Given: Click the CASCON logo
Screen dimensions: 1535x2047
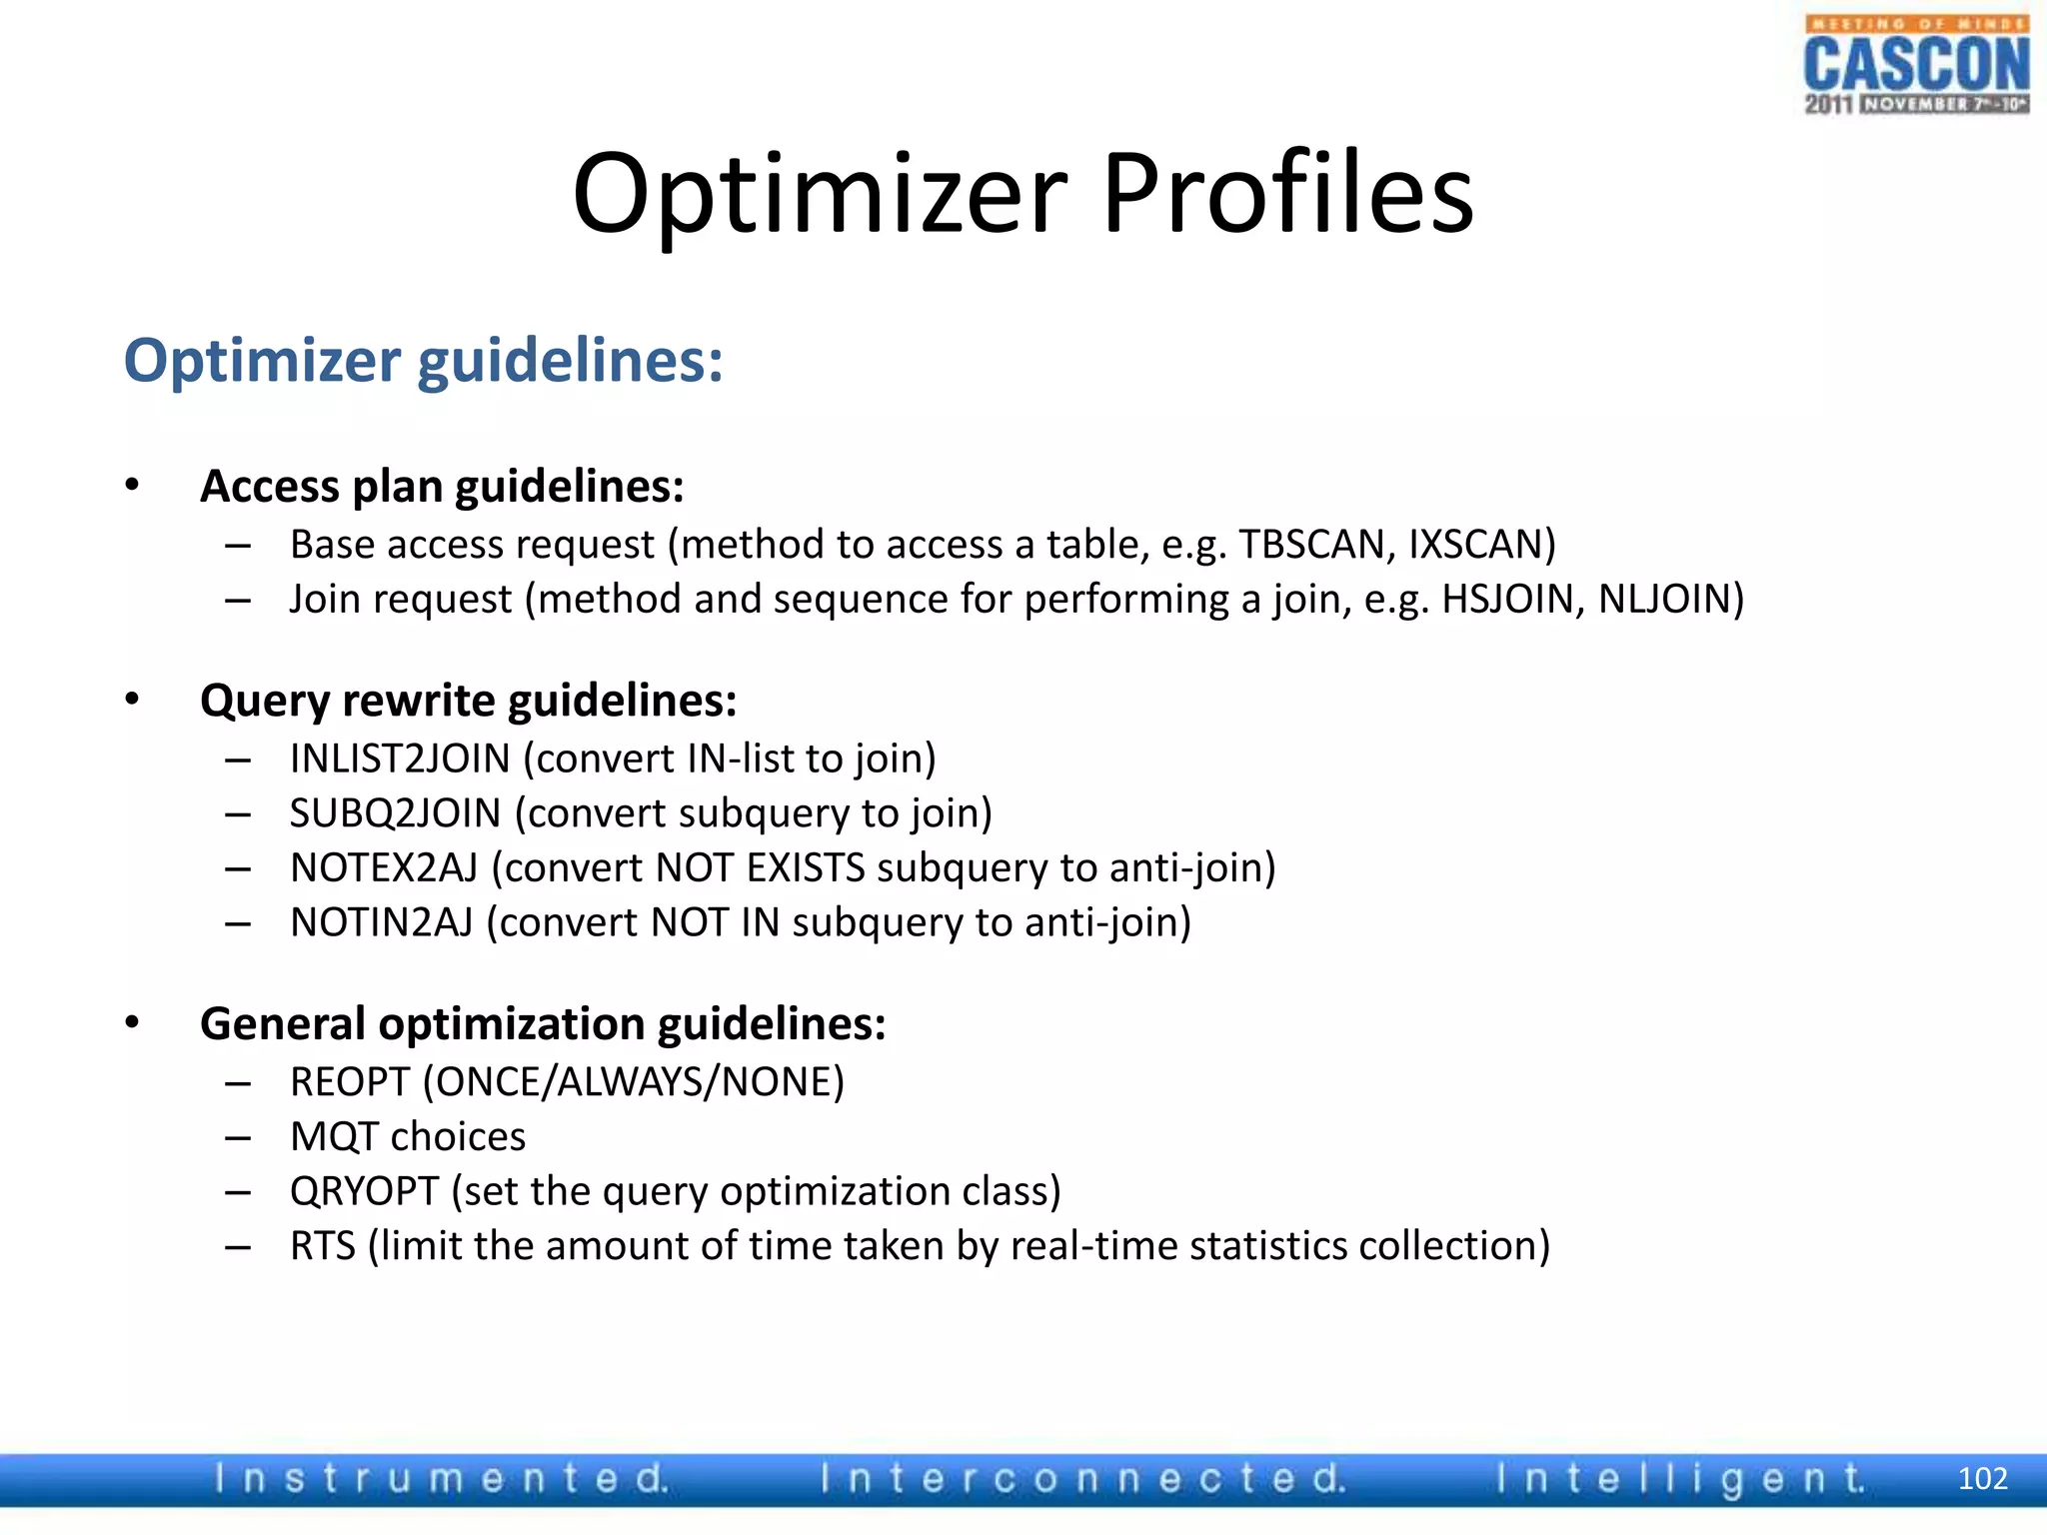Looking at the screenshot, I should pos(1916,66).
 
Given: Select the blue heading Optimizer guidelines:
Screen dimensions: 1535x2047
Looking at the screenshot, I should pos(423,361).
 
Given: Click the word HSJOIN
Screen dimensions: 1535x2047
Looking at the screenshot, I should pos(1508,600).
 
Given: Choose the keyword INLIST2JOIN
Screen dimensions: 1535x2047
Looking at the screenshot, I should pos(400,759).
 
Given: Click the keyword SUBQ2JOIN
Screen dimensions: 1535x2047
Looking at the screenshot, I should pos(395,813).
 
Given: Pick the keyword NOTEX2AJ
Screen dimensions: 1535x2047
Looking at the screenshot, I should pos(384,867).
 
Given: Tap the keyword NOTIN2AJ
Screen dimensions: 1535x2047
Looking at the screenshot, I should pos(381,922).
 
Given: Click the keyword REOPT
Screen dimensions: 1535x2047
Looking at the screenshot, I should pos(349,1082).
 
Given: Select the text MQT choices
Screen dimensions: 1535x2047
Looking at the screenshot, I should pos(408,1137).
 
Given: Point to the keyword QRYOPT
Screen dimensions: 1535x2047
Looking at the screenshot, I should pos(364,1191).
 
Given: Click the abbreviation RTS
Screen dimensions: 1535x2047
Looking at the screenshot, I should pos(322,1246).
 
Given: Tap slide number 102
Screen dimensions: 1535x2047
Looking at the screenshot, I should pos(1982,1478).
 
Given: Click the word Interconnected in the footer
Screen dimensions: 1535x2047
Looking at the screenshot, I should pos(1083,1478).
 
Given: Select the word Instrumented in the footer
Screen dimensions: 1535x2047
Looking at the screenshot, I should pos(441,1478).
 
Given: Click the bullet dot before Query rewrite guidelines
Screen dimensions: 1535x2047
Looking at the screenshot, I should pos(132,699).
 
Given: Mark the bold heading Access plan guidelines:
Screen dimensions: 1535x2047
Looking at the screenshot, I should pos(442,487).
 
